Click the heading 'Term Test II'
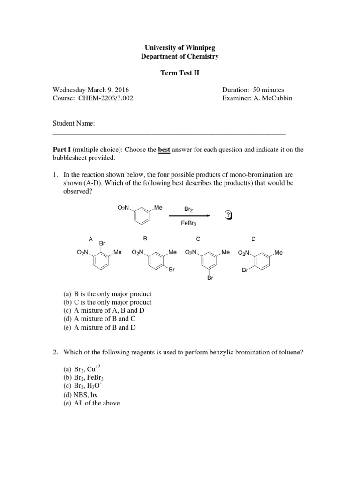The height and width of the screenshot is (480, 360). tap(180, 74)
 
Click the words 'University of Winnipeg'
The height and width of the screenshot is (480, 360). tap(180, 48)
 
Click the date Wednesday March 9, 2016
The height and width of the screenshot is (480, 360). tap(90, 90)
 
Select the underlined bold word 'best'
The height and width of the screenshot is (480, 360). tap(164, 150)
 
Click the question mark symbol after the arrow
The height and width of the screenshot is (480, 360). tap(228, 215)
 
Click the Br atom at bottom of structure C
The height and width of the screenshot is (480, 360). tap(210, 278)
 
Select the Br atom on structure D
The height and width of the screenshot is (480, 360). tap(245, 270)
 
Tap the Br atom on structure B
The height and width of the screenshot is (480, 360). tap(172, 270)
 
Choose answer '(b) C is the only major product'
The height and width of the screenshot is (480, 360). tap(107, 302)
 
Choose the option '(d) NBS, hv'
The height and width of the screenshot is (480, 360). tap(81, 395)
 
